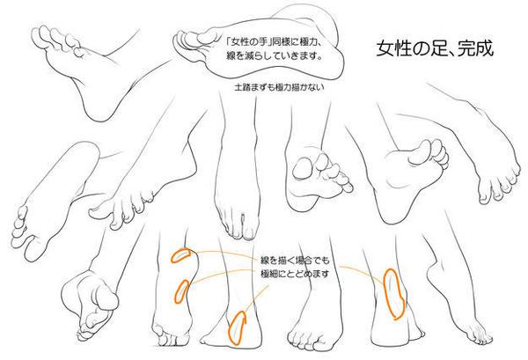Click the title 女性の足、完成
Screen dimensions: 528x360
coord(435,48)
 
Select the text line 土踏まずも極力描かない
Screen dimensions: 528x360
coord(279,87)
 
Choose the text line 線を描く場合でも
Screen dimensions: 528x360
coord(295,261)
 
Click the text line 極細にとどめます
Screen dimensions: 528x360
coord(295,274)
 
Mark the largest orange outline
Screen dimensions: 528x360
coord(394,294)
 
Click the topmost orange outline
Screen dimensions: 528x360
coord(180,255)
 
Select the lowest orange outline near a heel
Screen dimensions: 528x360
coord(237,327)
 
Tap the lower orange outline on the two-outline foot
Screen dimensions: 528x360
coord(182,291)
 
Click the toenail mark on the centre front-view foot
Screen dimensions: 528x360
coord(243,218)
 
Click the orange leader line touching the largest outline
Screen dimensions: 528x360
coord(363,271)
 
